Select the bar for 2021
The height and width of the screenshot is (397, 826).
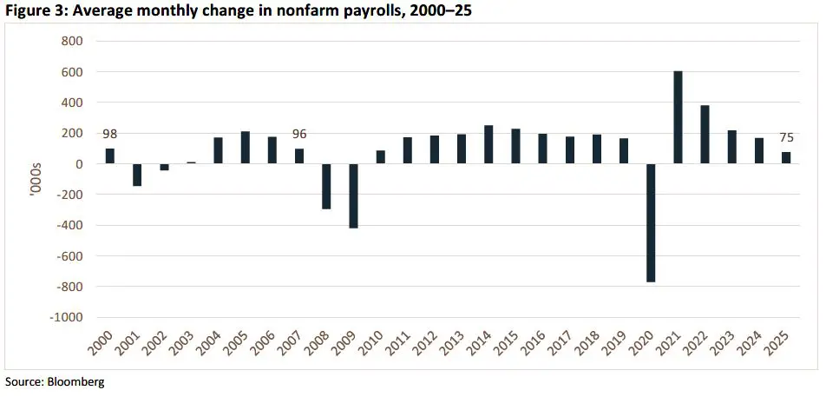[678, 117]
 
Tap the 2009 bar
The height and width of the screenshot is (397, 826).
[354, 195]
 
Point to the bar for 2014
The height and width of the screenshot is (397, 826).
[488, 144]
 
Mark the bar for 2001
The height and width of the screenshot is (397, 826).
[137, 175]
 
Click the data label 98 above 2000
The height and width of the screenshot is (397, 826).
[109, 134]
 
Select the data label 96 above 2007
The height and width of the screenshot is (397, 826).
[299, 134]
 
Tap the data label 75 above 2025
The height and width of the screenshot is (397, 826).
[786, 137]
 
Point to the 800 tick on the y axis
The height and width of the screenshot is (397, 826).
[71, 42]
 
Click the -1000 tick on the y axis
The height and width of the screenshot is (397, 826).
[66, 318]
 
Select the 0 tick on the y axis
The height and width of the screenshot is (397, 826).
[78, 164]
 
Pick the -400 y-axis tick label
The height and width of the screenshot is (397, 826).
[69, 226]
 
